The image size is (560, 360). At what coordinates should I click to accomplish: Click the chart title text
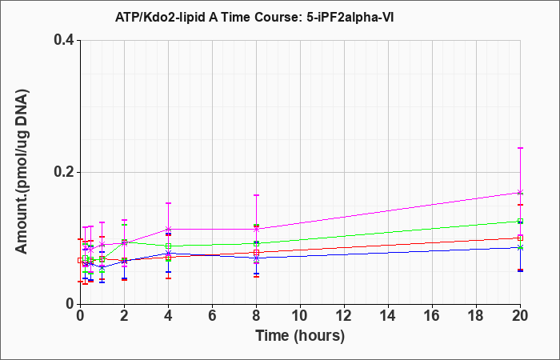coord(254,17)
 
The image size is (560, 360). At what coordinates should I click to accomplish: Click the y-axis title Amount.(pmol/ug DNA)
coord(22,171)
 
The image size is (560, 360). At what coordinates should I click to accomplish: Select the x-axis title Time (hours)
coord(300,336)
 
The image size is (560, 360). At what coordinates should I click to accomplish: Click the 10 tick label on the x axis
coord(300,316)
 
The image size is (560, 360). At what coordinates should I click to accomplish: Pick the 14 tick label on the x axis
coord(388,316)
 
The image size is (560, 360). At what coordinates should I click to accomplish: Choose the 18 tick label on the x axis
coord(476,316)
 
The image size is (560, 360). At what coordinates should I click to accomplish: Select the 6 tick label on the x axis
coord(212,316)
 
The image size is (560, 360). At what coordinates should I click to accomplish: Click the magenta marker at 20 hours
coord(520,192)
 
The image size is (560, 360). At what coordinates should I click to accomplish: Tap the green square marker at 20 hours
coord(520,222)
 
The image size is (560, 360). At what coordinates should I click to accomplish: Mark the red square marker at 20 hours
coord(520,238)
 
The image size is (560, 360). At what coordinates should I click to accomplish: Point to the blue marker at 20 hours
coord(520,247)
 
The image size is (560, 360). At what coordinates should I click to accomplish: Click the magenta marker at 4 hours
coord(169,229)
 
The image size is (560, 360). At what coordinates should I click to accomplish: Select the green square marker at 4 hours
coord(169,246)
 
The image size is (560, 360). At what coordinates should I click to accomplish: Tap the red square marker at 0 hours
coord(80,260)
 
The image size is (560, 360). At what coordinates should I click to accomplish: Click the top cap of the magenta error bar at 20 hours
coord(520,147)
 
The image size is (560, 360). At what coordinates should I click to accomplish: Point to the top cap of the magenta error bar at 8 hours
coord(257,195)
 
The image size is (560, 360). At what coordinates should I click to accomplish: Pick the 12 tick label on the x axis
coord(344,316)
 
